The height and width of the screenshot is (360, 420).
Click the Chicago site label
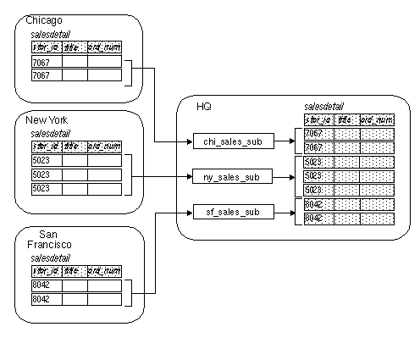(x=43, y=19)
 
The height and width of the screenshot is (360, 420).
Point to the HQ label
(x=204, y=106)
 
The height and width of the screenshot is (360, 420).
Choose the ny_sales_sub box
(x=232, y=177)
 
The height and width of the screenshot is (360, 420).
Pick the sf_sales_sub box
(x=232, y=212)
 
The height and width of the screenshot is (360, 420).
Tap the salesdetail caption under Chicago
(x=50, y=33)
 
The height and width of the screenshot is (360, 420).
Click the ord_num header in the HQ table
(x=376, y=119)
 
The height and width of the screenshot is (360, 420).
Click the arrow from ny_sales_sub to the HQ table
(x=288, y=177)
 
